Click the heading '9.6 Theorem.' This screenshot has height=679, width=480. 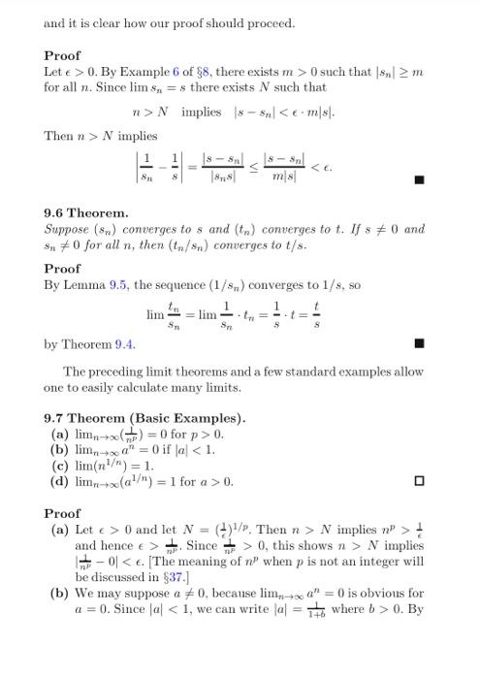[85, 211]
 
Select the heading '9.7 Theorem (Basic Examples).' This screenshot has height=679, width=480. [144, 418]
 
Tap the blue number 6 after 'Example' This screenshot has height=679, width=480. [176, 73]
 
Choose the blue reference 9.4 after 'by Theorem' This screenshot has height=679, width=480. [125, 343]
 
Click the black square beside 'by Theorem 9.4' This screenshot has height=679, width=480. [419, 343]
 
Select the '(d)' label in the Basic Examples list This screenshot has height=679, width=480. [60, 481]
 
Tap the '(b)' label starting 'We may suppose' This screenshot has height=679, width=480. [59, 593]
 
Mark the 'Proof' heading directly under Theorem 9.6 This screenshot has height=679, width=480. [62, 269]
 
